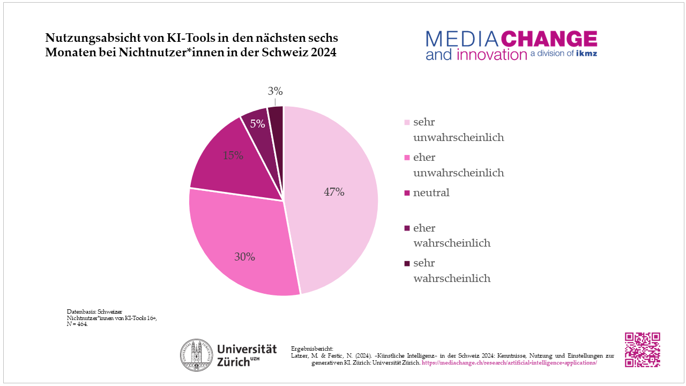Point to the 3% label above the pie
click(x=275, y=92)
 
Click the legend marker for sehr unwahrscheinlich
click(x=407, y=123)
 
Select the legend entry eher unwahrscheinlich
click(x=458, y=165)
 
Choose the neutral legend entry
click(x=431, y=193)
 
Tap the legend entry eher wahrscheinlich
click(x=452, y=235)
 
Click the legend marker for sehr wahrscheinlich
click(x=407, y=264)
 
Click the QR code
click(x=643, y=350)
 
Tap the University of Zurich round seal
click(x=197, y=355)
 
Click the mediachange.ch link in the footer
click(x=509, y=363)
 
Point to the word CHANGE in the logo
click(x=549, y=39)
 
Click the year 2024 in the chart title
click(x=322, y=54)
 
